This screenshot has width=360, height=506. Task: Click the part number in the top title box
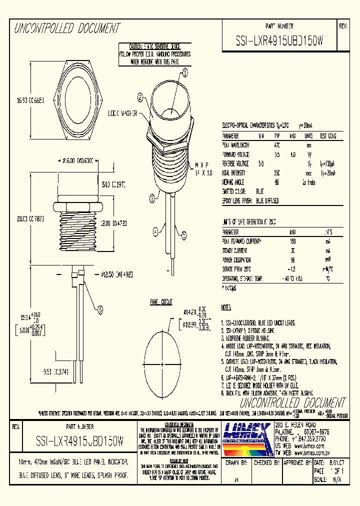click(279, 42)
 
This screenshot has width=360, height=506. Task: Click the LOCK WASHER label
click(123, 114)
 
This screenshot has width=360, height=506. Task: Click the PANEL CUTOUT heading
click(161, 301)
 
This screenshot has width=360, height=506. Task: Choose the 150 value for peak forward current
click(293, 240)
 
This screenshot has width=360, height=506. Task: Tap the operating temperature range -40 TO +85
click(293, 278)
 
